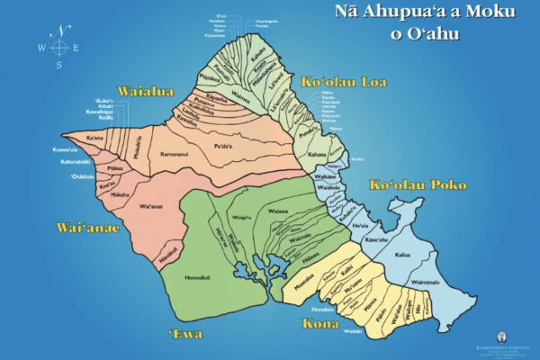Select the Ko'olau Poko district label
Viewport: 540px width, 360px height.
[x=418, y=184]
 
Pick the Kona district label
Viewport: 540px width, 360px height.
[x=319, y=323]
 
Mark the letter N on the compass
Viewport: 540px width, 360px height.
[x=60, y=30]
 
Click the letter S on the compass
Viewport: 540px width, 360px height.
[x=59, y=65]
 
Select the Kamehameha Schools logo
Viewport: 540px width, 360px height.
[x=501, y=340]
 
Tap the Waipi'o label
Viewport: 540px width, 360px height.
[x=240, y=217]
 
